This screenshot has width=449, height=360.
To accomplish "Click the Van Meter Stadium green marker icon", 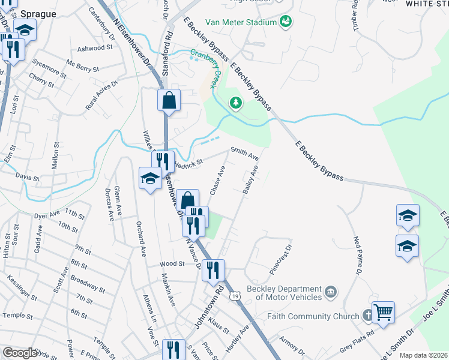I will point(286,22).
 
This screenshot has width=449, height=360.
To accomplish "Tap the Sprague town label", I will point(38,13).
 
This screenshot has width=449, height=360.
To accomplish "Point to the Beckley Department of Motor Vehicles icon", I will point(331,292).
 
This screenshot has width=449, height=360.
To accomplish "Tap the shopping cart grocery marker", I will point(383,312).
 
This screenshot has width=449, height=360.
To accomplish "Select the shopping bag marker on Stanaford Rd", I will point(169,100).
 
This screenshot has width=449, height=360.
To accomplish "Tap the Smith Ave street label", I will point(245,154).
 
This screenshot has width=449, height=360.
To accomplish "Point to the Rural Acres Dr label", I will point(101,89).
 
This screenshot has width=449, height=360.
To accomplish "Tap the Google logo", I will point(20,353).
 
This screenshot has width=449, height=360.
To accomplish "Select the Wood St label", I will point(172,263).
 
